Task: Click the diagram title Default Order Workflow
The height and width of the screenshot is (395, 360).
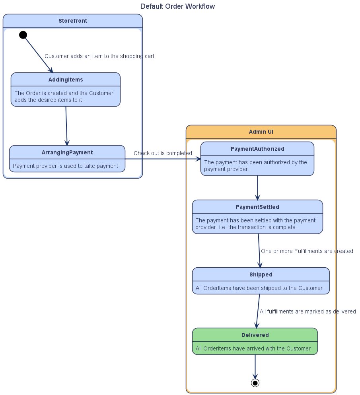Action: pyautogui.click(x=177, y=6)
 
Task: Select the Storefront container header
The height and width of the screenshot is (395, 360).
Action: pyautogui.click(x=73, y=21)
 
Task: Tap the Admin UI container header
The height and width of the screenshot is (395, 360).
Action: pyautogui.click(x=261, y=132)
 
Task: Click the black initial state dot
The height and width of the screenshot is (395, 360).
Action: pyautogui.click(x=23, y=35)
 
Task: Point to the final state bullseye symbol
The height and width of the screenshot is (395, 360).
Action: pyautogui.click(x=255, y=383)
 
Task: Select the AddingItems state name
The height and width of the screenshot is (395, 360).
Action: pyautogui.click(x=66, y=80)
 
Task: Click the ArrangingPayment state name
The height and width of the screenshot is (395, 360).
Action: pyautogui.click(x=67, y=152)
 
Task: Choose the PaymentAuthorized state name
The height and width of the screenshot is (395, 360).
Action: pyautogui.click(x=257, y=149)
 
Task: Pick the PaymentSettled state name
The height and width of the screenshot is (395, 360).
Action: pyautogui.click(x=257, y=207)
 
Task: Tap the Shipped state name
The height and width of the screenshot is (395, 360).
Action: pyautogui.click(x=261, y=274)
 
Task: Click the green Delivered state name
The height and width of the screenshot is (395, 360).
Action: pyautogui.click(x=255, y=335)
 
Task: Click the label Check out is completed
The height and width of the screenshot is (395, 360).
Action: pyautogui.click(x=163, y=153)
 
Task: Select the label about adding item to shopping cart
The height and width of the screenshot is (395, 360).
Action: pyautogui.click(x=99, y=56)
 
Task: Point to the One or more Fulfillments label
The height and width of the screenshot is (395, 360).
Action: pyautogui.click(x=307, y=251)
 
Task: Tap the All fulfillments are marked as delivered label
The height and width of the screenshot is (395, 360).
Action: pyautogui.click(x=307, y=311)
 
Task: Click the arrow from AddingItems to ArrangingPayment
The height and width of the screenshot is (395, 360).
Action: pyautogui.click(x=66, y=126)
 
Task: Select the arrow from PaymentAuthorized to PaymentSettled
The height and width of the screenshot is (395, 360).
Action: pyautogui.click(x=257, y=187)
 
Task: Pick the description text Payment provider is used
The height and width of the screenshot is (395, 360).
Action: pyautogui.click(x=66, y=166)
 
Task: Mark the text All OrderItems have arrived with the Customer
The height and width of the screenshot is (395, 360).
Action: pyautogui.click(x=253, y=348)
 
